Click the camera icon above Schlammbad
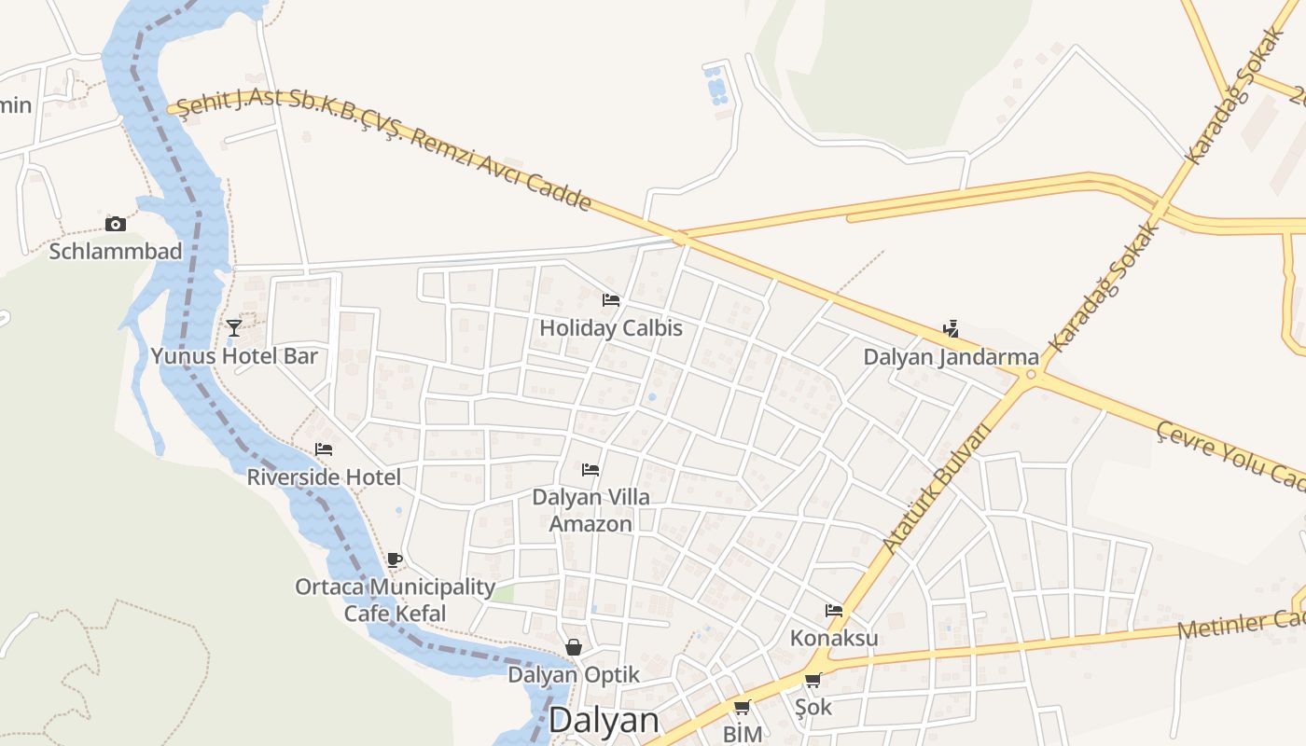pyautogui.click(x=116, y=224)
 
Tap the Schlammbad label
pyautogui.click(x=116, y=252)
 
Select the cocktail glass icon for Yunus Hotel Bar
pyautogui.click(x=234, y=327)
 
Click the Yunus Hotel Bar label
pyautogui.click(x=234, y=356)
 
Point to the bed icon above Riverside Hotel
pyautogui.click(x=324, y=449)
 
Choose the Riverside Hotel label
pyautogui.click(x=324, y=477)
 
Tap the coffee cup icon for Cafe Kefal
pyautogui.click(x=395, y=559)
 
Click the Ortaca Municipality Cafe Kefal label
pyautogui.click(x=395, y=600)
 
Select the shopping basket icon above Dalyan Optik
pyautogui.click(x=574, y=647)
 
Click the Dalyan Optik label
pyautogui.click(x=574, y=674)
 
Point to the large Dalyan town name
pyautogui.click(x=604, y=720)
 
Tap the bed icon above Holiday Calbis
pyautogui.click(x=611, y=300)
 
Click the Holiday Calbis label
pyautogui.click(x=611, y=328)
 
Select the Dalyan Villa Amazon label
pyautogui.click(x=590, y=510)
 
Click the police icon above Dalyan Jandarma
pyautogui.click(x=951, y=329)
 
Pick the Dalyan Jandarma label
pyautogui.click(x=951, y=357)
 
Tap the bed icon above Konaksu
pyautogui.click(x=834, y=611)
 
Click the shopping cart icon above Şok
pyautogui.click(x=813, y=681)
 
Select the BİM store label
pyautogui.click(x=743, y=734)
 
